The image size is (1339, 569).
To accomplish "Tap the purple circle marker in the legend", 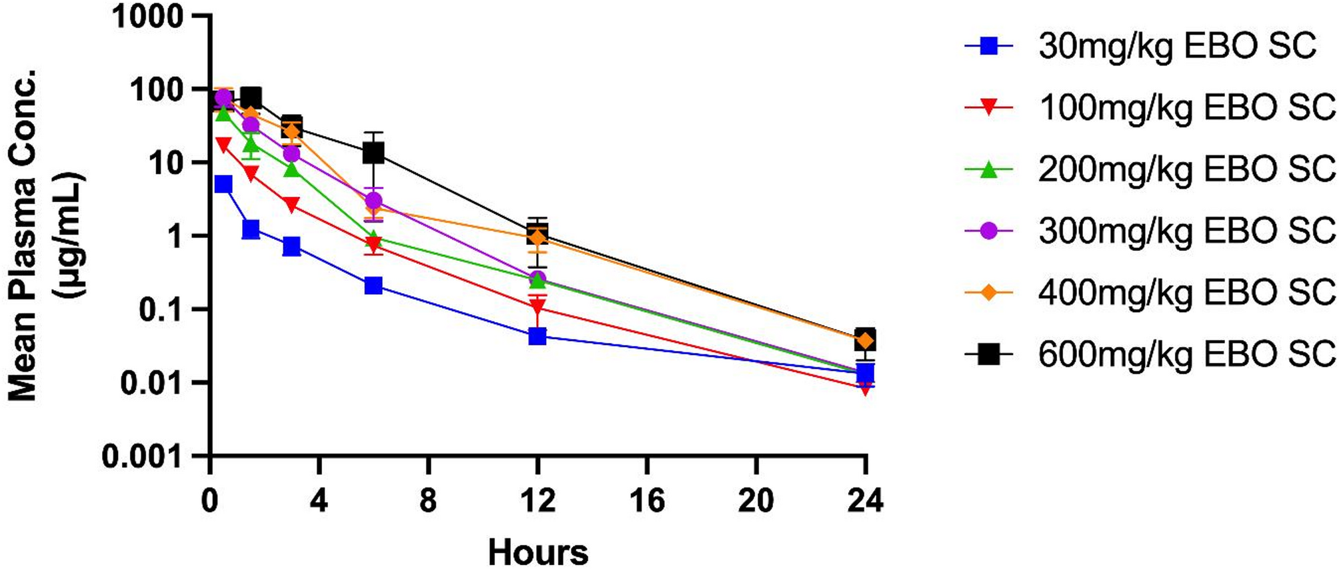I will click(990, 231).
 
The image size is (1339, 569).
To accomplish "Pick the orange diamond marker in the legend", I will click(990, 292).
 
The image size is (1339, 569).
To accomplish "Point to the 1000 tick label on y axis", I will click(147, 17).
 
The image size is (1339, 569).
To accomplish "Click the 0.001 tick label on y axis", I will click(142, 457).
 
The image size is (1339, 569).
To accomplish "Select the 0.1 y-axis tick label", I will click(160, 310).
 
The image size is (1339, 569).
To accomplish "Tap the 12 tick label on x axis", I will click(537, 500).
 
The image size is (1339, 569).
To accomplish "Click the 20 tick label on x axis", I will click(756, 500).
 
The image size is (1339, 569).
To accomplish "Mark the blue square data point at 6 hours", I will click(373, 286).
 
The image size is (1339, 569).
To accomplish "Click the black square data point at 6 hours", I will click(373, 153).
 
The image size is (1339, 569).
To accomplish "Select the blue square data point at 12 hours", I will click(537, 336).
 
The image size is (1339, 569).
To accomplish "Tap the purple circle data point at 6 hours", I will click(373, 200).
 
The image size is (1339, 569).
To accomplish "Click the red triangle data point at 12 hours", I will click(537, 308).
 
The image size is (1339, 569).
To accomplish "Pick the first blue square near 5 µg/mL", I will click(223, 184).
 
